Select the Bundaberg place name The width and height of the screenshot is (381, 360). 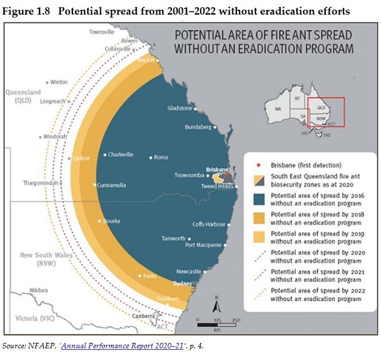197,127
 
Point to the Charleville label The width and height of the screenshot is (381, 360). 121,154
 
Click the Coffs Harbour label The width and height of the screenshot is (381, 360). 208,224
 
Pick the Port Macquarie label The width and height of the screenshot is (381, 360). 203,244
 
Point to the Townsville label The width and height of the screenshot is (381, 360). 102,31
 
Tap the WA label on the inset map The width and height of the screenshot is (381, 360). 277,109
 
